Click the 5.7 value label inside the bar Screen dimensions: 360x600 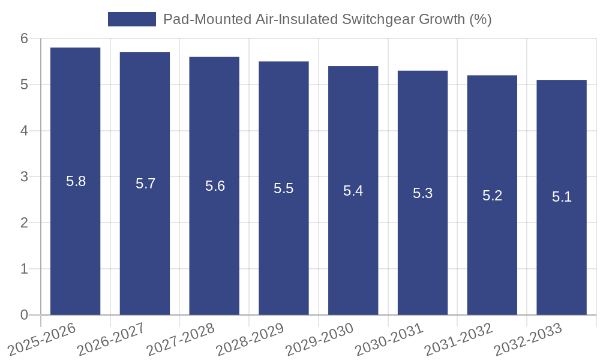pos(145,184)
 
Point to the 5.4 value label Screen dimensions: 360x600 pos(353,191)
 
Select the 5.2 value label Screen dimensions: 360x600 pos(492,196)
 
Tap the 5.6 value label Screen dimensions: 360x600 pos(215,186)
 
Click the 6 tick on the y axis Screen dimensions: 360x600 pos(24,38)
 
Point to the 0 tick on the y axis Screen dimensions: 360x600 pos(24,315)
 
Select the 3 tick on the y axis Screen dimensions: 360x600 pos(24,177)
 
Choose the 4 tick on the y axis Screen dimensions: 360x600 pos(24,131)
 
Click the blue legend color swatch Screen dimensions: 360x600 pos(131,19)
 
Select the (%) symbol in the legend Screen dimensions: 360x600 pos(480,19)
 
